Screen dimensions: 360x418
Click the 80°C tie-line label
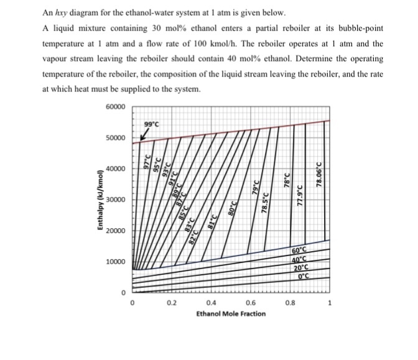233,206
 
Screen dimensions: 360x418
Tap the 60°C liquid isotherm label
300,250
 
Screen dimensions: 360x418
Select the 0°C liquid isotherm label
306,276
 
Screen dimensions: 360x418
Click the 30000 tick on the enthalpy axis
116,200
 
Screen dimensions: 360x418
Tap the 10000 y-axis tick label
116,262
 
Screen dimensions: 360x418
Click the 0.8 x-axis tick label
290,303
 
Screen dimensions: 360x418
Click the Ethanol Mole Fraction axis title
231,313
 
